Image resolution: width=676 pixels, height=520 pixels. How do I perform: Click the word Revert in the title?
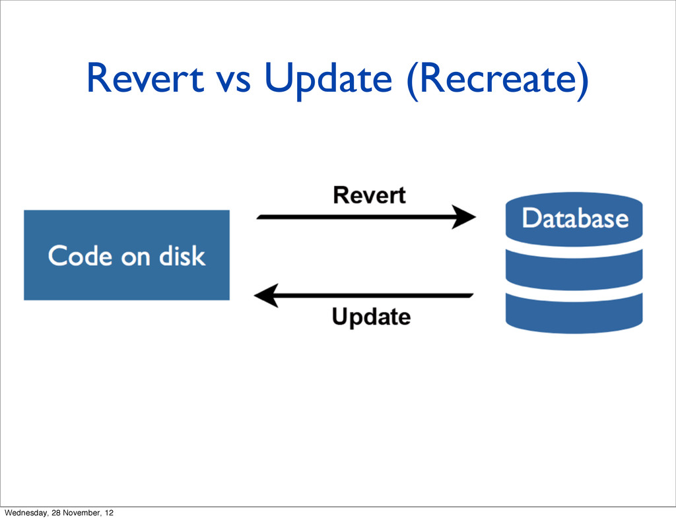tap(145, 78)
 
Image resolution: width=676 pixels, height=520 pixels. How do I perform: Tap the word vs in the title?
tap(233, 82)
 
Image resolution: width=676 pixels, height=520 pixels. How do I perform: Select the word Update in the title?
tap(328, 80)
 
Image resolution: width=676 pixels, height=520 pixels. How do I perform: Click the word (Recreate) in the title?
tap(498, 80)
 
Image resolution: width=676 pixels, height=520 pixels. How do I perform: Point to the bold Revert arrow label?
tap(369, 195)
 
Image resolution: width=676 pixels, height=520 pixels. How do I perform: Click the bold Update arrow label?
tap(371, 317)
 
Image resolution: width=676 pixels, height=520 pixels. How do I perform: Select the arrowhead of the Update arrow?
tap(267, 296)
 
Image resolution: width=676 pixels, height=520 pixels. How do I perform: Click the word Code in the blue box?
tap(80, 256)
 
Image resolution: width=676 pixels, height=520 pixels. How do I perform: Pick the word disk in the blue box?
tap(182, 256)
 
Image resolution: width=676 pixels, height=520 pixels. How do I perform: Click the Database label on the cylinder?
tap(575, 218)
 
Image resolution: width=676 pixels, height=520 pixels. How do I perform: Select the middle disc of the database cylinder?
tap(574, 269)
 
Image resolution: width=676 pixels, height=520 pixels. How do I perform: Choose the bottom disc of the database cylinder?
tap(574, 313)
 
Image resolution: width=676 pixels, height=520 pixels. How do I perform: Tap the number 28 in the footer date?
tap(55, 513)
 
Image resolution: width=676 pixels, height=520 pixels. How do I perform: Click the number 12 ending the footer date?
tap(109, 513)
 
